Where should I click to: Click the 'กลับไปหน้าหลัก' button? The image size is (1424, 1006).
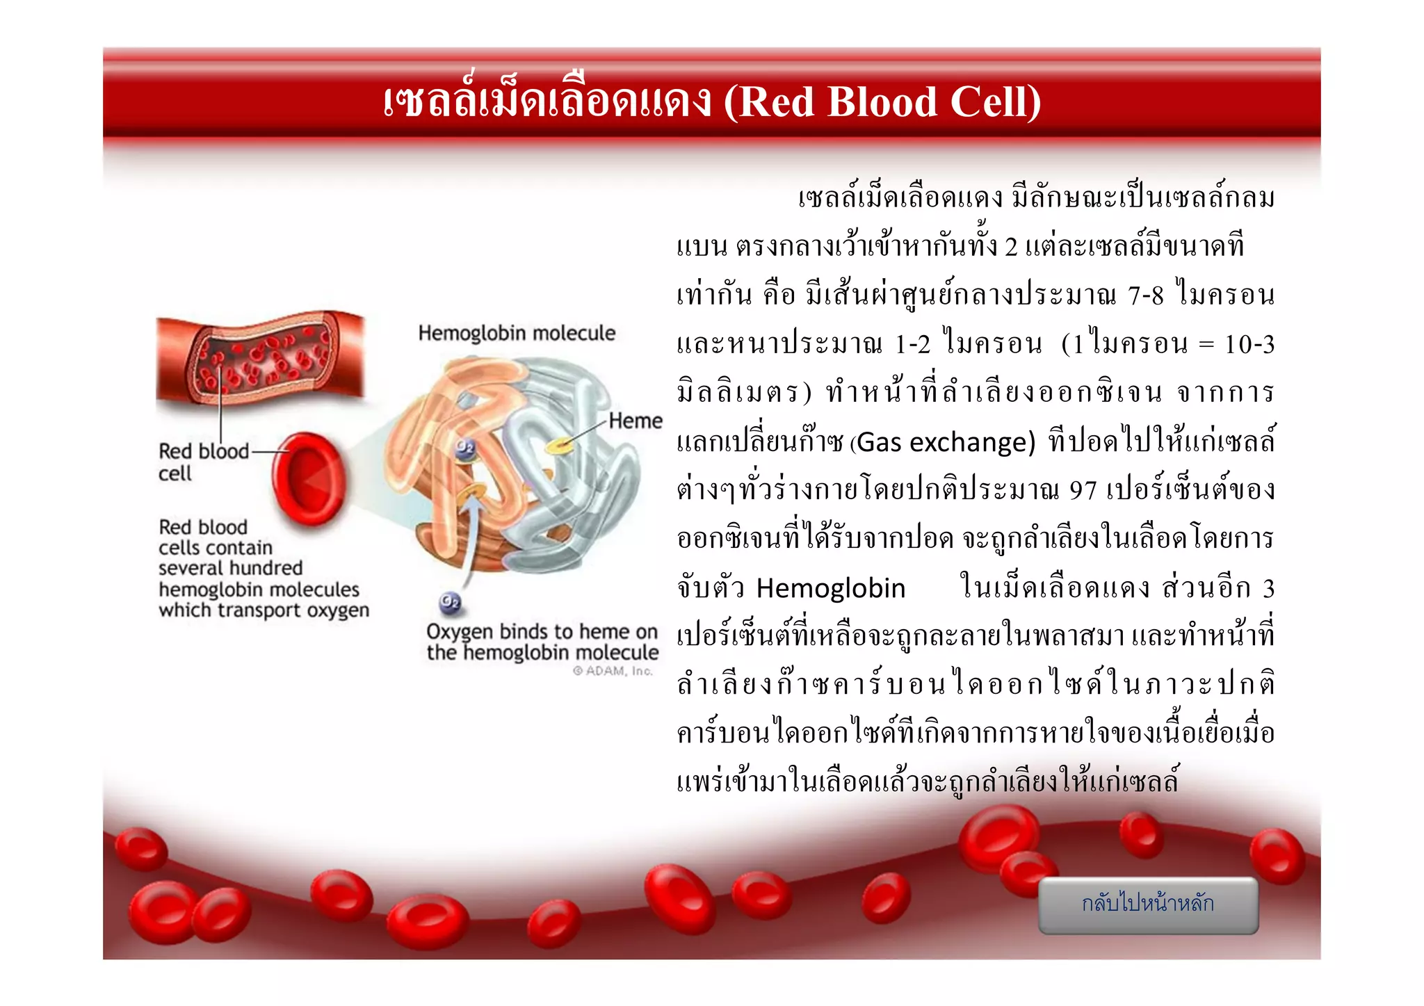coord(1148,904)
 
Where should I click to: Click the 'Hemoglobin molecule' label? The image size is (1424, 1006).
coord(517,334)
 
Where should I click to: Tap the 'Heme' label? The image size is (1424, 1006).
coord(635,421)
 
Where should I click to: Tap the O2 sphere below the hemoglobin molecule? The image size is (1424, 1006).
coord(450,602)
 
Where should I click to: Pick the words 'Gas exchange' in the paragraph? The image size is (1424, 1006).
coord(946,442)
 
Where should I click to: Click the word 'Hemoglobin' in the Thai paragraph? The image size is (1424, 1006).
coord(831,589)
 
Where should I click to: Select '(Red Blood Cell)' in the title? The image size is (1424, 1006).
coord(882,102)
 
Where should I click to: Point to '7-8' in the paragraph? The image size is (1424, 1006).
coord(1145,296)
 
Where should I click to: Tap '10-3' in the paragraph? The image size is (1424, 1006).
coord(1249,345)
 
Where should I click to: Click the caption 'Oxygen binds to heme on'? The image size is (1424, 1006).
coord(542,632)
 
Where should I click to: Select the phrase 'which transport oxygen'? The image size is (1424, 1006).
coord(264,610)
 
